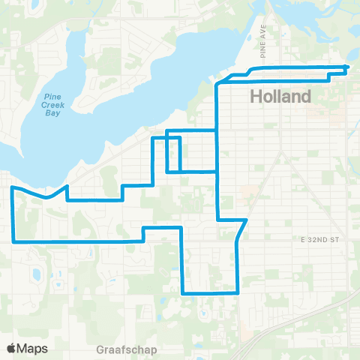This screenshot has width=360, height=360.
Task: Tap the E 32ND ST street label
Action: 322,240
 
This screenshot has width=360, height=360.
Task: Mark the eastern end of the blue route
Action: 346,67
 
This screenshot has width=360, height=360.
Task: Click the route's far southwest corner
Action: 13,241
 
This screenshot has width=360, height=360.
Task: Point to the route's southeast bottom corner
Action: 238,292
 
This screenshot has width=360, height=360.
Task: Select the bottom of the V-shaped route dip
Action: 47,198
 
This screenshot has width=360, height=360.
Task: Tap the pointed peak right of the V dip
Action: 67,186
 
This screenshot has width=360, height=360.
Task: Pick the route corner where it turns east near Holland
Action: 217,84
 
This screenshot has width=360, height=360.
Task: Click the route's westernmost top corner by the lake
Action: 12,188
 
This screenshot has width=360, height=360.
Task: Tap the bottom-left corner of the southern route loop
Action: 183,292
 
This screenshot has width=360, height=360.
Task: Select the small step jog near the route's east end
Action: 330,74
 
